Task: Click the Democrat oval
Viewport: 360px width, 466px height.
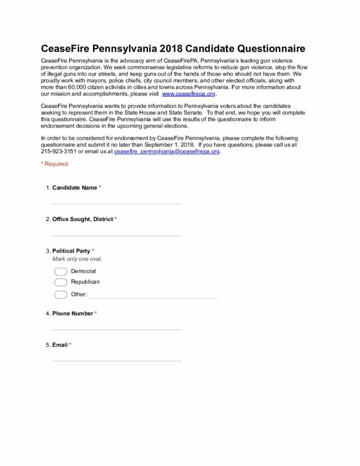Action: pos(61,272)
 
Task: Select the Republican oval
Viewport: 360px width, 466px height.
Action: pos(61,282)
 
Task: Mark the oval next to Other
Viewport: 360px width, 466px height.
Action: pos(61,294)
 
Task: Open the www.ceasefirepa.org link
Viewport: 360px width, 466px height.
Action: pos(188,94)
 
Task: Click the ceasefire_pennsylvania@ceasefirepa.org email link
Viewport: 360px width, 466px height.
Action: pos(167,152)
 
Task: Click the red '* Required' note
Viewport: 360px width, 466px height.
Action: pos(54,164)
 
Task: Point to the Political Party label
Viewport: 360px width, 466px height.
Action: pos(71,251)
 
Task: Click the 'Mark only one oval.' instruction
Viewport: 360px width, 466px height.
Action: pos(77,259)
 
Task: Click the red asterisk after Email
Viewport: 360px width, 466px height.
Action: pos(70,345)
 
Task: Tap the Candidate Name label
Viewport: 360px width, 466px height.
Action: pos(75,187)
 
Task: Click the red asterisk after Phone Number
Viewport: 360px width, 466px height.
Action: pos(96,314)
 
